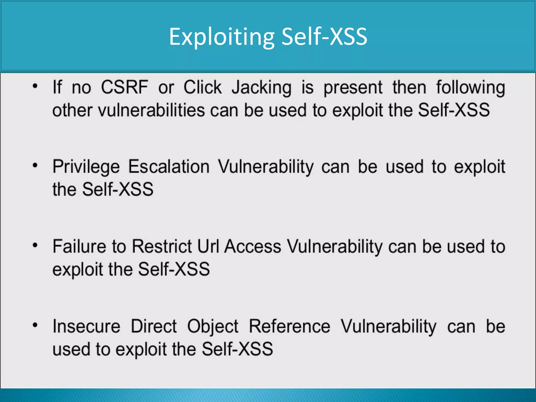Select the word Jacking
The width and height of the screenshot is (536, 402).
(x=261, y=88)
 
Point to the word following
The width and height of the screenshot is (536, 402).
(x=471, y=88)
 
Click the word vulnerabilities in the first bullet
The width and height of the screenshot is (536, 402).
(x=152, y=110)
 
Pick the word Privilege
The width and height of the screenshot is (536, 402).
(x=86, y=167)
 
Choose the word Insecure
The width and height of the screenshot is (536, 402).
(x=86, y=326)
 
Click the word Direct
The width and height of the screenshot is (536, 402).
(x=154, y=326)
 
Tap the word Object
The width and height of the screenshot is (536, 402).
(x=213, y=327)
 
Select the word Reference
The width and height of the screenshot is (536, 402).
(x=289, y=326)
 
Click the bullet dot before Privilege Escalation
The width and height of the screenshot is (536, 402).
(x=35, y=165)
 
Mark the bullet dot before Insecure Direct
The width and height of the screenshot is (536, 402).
(x=35, y=325)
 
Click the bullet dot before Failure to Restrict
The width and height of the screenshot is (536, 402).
(x=35, y=245)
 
